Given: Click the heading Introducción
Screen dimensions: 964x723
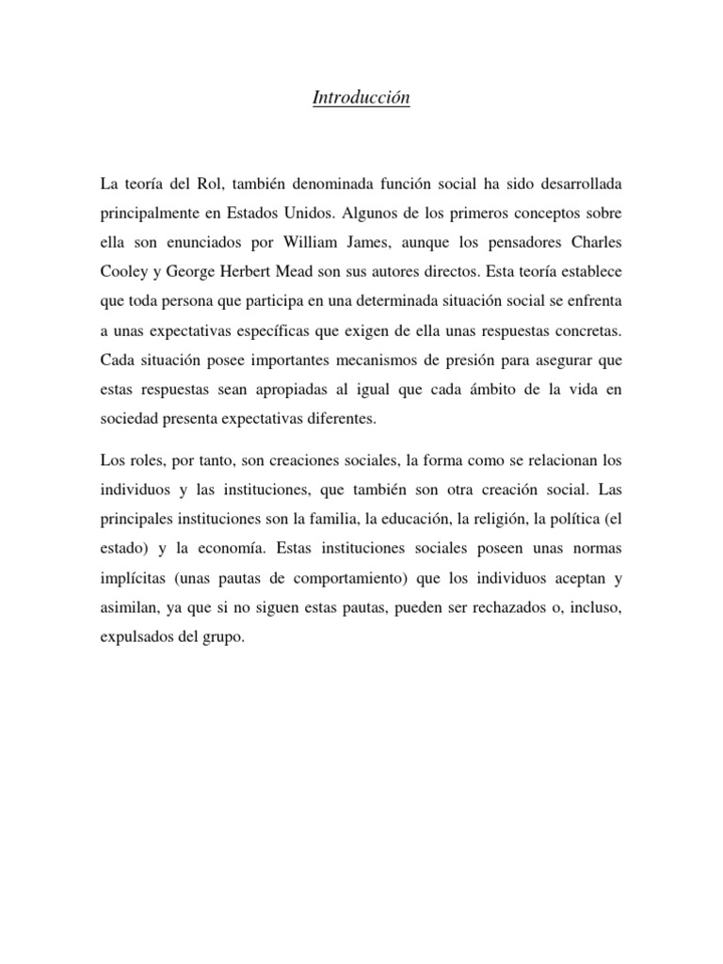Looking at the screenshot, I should click(361, 98).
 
